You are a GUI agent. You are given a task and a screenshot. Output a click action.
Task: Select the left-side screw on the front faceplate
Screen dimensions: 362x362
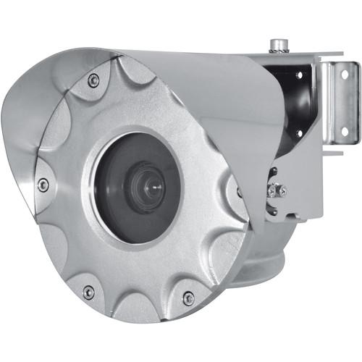43,185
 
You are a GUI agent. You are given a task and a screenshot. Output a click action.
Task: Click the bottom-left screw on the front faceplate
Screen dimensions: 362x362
88,292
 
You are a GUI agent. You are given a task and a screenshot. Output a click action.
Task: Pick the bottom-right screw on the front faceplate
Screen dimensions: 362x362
188,297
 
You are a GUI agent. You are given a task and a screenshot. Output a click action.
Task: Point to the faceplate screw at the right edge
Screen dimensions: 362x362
239,193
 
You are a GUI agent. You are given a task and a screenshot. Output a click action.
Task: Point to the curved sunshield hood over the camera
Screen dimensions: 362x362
195,87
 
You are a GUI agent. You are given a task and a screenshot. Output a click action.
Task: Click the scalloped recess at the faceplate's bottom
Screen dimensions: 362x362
138,308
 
